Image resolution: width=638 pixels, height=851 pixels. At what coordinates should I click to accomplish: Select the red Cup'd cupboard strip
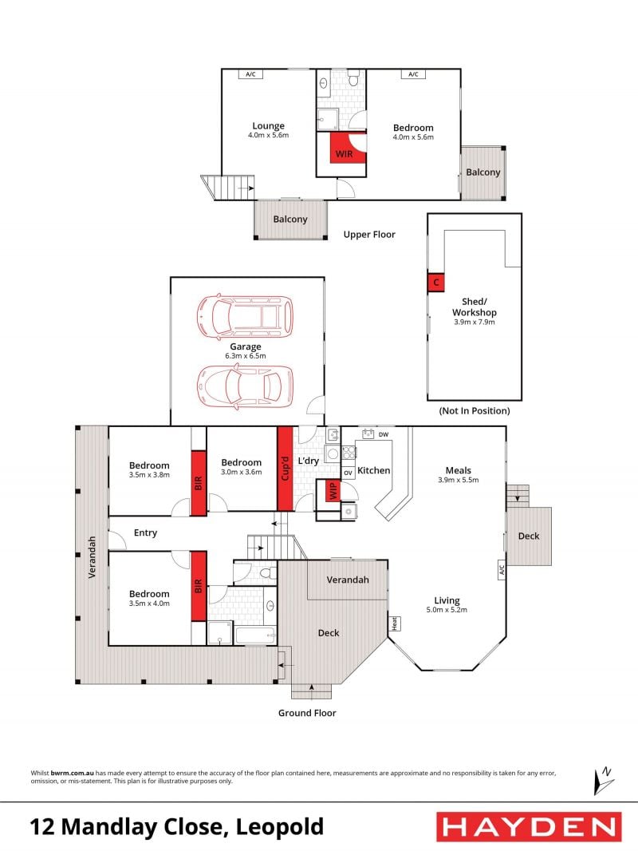pos(286,469)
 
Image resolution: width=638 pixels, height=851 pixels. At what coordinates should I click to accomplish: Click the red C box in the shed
pos(435,283)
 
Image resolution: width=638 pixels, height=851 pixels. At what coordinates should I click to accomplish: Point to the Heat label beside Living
pos(395,623)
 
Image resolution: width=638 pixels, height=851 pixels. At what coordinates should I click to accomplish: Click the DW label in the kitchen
pos(384,434)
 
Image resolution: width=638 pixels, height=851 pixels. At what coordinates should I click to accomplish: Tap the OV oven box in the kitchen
pos(348,473)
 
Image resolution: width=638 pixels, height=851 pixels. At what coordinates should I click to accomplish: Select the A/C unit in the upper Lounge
pos(250,73)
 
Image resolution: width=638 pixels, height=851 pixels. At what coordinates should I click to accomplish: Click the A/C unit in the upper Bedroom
pos(413,73)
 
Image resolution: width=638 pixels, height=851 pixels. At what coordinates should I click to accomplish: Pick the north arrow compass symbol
pos(604,781)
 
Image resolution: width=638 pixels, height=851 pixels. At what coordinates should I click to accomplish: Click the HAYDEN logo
pos(529,827)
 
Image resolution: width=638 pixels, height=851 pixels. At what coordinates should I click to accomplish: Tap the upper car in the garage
pos(245,316)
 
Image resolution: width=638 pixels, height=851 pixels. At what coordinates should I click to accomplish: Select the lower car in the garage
pos(245,386)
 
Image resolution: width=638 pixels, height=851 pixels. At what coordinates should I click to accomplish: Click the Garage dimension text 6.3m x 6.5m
pos(246,356)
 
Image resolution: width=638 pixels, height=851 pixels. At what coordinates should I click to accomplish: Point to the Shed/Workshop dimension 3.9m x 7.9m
pos(475,322)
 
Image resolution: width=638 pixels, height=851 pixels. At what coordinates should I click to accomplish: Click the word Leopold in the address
pos(280,827)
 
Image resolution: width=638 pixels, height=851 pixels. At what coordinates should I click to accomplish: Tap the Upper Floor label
pos(369,235)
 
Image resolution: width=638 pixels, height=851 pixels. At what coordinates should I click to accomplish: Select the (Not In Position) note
pos(475,411)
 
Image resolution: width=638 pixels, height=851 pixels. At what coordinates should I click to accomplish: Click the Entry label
pos(145,533)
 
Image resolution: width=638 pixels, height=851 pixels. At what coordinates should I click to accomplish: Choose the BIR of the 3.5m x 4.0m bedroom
pos(199,586)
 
